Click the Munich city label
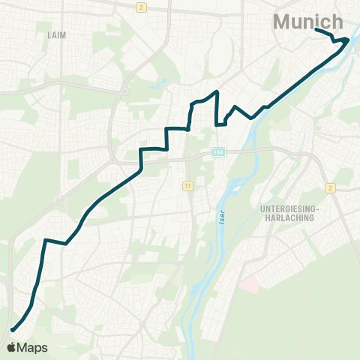pyautogui.click(x=309, y=22)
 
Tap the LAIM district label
pyautogui.click(x=57, y=35)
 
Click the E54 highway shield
pyautogui.click(x=218, y=152)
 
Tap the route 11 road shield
pyautogui.click(x=187, y=184)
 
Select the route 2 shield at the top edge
pyautogui.click(x=140, y=7)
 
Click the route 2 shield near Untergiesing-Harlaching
pyautogui.click(x=329, y=187)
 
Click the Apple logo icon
pyautogui.click(x=11, y=347)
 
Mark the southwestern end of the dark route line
pyautogui.click(x=11, y=329)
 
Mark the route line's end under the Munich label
pyautogui.click(x=316, y=29)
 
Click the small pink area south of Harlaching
pyautogui.click(x=250, y=284)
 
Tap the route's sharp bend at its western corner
pyautogui.click(x=45, y=240)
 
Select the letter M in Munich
pyautogui.click(x=283, y=22)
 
